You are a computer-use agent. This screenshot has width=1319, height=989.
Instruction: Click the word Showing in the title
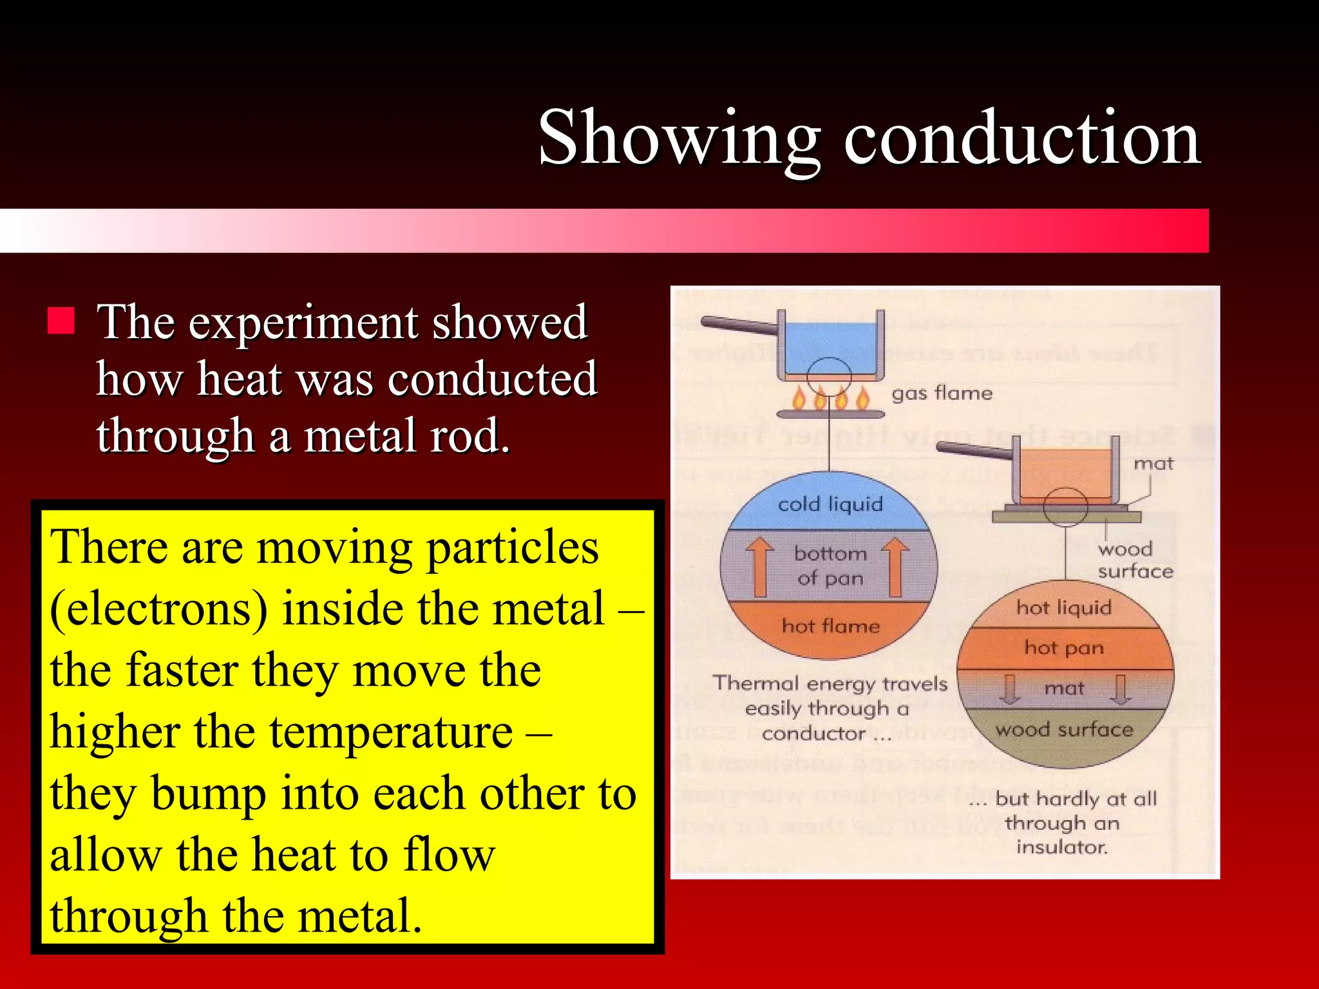679,138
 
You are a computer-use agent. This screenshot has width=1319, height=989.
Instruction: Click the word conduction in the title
1022,138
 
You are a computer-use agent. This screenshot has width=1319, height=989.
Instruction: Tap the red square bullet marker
61,321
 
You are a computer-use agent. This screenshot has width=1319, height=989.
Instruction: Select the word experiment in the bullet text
303,322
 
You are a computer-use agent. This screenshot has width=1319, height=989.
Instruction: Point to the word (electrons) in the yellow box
158,608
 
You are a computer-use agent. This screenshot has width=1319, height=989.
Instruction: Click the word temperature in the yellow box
391,732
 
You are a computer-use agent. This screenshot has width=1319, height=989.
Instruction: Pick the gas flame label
942,393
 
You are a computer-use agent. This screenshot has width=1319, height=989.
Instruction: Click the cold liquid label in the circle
830,504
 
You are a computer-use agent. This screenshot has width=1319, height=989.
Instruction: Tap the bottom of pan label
830,565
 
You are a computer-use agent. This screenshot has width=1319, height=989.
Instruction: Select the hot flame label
830,626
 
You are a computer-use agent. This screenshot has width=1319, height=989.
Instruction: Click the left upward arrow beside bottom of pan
760,567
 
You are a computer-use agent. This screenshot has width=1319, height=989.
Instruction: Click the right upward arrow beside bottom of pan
895,567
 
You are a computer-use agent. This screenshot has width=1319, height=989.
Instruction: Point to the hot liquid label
1064,607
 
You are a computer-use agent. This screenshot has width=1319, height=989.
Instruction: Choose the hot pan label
1064,648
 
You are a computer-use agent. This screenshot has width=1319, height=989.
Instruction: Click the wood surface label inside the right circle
1064,730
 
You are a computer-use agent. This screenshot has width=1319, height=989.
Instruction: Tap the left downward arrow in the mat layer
1010,689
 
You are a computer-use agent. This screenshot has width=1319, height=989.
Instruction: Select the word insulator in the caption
1062,847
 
